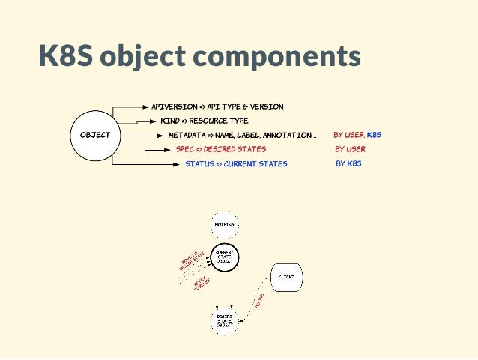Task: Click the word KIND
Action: [x=169, y=121]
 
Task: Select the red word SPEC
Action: [x=184, y=149]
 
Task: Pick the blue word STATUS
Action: [x=199, y=164]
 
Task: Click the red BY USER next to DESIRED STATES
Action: [x=350, y=149]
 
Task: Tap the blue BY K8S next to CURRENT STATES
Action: [x=348, y=163]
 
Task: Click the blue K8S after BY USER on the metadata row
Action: [x=374, y=135]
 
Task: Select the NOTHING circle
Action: [x=223, y=224]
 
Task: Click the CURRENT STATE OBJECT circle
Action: [x=223, y=256]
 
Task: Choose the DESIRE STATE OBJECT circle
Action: [x=224, y=320]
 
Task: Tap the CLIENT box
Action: [x=285, y=277]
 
